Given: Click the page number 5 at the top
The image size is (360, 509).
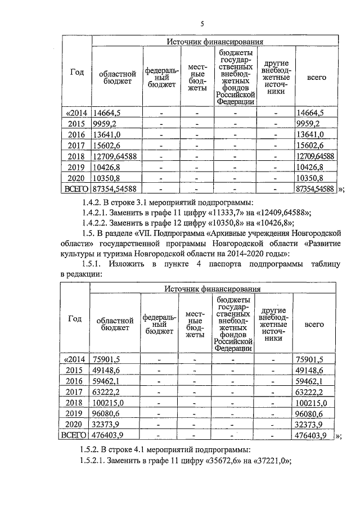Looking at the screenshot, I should coord(202,23).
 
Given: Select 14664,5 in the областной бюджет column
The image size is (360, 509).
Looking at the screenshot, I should coord(107,113).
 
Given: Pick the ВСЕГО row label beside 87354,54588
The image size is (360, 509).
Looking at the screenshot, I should coord(77,189).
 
